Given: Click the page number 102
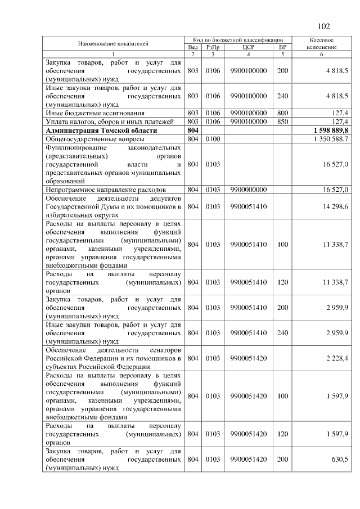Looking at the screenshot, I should (323, 26).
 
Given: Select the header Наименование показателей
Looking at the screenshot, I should (113, 43).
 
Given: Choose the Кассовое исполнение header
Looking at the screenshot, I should (322, 43).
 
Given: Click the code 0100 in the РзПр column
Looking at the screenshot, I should (212, 138).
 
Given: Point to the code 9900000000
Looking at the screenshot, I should (248, 190).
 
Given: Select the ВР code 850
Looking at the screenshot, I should (282, 121).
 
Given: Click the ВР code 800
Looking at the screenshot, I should (282, 113).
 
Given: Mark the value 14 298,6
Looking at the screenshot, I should (336, 206).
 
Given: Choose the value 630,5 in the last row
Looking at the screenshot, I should (340, 459).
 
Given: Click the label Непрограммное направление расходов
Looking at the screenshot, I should (98, 190).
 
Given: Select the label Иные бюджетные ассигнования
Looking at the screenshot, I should (90, 113).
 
